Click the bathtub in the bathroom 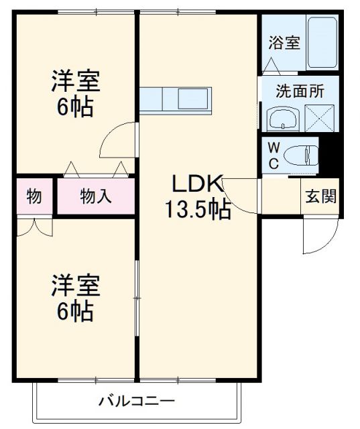pyautogui.click(x=321, y=42)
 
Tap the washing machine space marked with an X pyautogui.click(x=318, y=119)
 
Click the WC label pyautogui.click(x=274, y=156)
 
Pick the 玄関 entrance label pyautogui.click(x=321, y=197)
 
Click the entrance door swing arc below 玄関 pyautogui.click(x=315, y=238)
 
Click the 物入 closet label pyautogui.click(x=95, y=196)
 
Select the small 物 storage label pyautogui.click(x=34, y=196)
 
